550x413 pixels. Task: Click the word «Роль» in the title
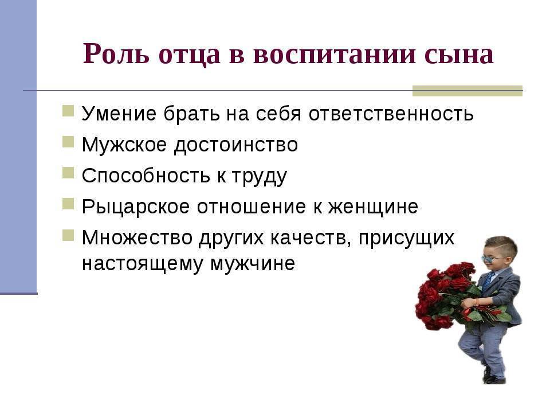pyautogui.click(x=116, y=54)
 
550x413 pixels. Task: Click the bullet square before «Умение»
pyautogui.click(x=68, y=111)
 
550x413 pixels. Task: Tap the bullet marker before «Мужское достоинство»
pyautogui.click(x=68, y=142)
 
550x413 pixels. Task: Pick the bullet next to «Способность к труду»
pyautogui.click(x=68, y=173)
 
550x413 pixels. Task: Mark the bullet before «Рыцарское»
pyautogui.click(x=68, y=204)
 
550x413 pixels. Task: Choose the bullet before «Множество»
pyautogui.click(x=68, y=235)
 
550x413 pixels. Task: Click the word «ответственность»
pyautogui.click(x=391, y=114)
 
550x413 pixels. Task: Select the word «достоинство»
pyautogui.click(x=235, y=145)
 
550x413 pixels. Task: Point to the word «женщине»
pyautogui.click(x=373, y=207)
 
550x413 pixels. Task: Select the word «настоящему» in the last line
pyautogui.click(x=143, y=264)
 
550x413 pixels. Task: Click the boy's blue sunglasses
pyautogui.click(x=492, y=259)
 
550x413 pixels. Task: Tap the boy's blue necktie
pyautogui.click(x=488, y=281)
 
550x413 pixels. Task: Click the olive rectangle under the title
pyautogui.click(x=467, y=91)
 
